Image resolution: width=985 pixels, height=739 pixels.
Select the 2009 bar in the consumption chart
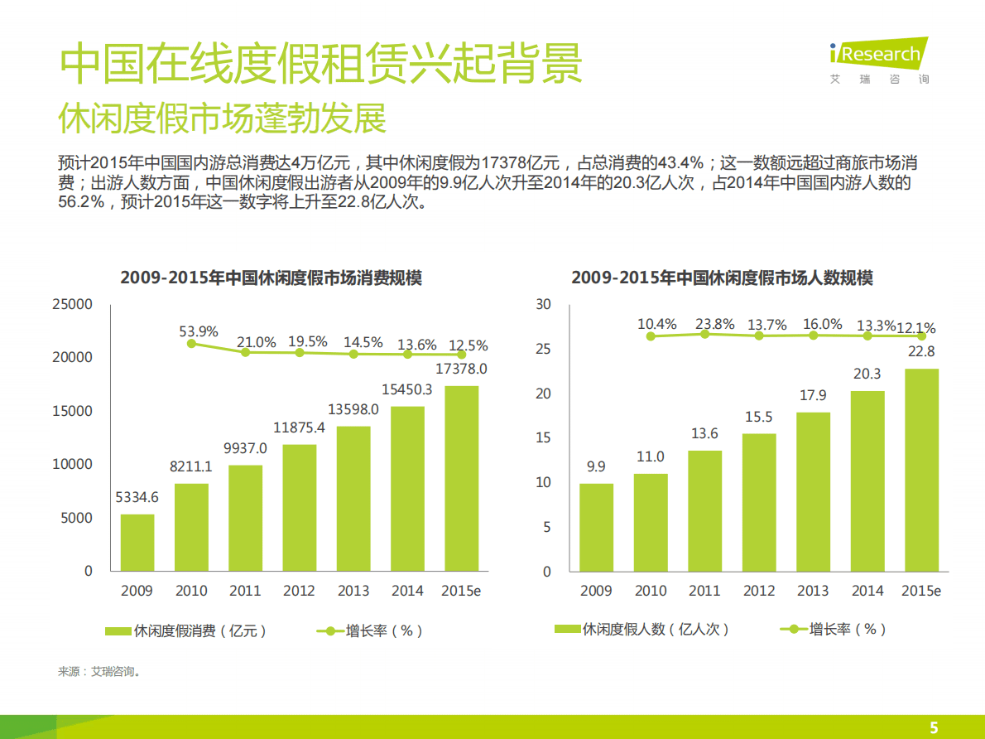[137, 543]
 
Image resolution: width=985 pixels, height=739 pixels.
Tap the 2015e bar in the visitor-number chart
[921, 470]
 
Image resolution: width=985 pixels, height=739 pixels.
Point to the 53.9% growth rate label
[199, 331]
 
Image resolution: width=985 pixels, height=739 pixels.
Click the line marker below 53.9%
[191, 343]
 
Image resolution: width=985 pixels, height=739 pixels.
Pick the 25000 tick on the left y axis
[72, 304]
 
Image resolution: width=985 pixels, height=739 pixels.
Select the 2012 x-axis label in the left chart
[299, 591]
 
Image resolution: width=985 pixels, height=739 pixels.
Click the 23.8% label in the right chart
[714, 324]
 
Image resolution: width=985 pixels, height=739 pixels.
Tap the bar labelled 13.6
[704, 511]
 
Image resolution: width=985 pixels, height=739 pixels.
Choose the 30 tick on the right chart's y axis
[543, 304]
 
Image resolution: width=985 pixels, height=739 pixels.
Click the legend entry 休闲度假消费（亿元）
[187, 630]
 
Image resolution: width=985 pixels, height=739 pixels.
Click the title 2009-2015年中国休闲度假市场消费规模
[271, 278]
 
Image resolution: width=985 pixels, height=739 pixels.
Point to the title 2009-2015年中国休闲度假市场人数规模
[722, 278]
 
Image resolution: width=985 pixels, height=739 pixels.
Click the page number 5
[935, 727]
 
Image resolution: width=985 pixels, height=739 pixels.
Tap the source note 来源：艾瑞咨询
[98, 671]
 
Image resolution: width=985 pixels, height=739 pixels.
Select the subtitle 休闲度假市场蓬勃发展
[222, 119]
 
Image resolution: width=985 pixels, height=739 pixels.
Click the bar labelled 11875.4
[299, 508]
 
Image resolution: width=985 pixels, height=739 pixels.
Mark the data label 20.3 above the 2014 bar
[867, 374]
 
